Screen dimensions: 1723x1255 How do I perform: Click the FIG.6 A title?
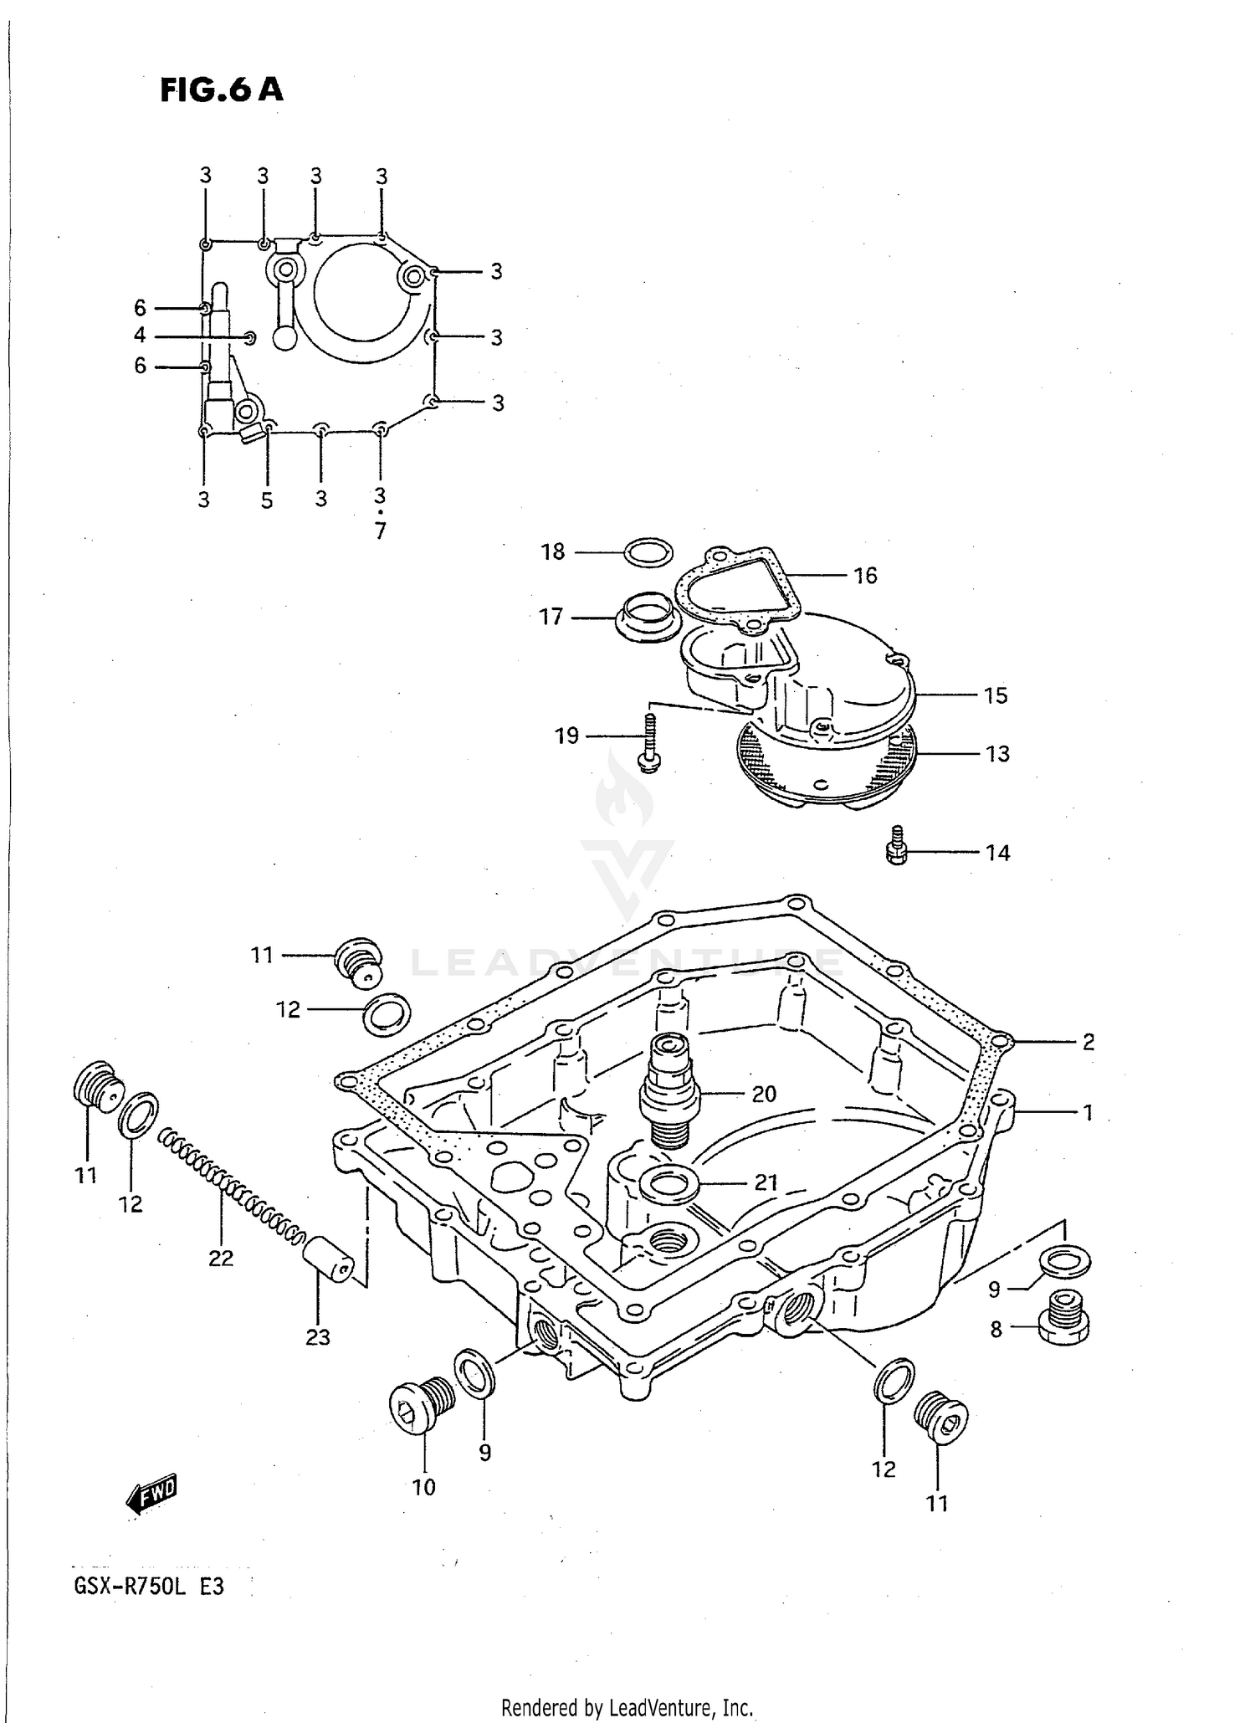pyautogui.click(x=221, y=89)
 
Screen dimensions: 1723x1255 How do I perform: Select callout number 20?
pyautogui.click(x=764, y=1094)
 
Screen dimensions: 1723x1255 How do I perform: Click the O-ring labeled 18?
pyautogui.click(x=648, y=551)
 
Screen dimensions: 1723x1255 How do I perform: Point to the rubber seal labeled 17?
pyautogui.click(x=647, y=618)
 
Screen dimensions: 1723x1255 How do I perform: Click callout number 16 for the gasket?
pyautogui.click(x=865, y=576)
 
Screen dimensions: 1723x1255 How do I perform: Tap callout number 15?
pyautogui.click(x=996, y=695)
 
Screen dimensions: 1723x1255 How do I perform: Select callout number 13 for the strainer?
pyautogui.click(x=997, y=754)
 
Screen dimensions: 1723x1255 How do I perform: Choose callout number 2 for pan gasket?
pyautogui.click(x=1088, y=1042)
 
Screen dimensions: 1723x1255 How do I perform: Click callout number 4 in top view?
pyautogui.click(x=140, y=336)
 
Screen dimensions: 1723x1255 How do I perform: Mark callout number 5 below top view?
pyautogui.click(x=267, y=500)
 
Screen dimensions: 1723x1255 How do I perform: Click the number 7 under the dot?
pyautogui.click(x=381, y=531)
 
